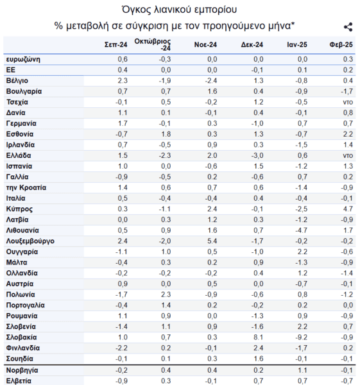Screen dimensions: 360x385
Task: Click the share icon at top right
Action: (x=348, y=27)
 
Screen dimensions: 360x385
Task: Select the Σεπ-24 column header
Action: (x=116, y=45)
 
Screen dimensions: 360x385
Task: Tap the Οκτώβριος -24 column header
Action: (x=153, y=44)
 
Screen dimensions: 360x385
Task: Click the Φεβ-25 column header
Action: (x=341, y=45)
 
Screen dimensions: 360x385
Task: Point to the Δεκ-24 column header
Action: (x=252, y=45)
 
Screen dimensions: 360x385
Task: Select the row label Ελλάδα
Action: (x=19, y=155)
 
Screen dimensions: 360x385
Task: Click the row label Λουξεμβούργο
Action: (x=30, y=241)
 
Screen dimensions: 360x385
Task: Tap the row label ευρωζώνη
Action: (x=23, y=60)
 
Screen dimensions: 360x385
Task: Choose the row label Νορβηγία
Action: (x=22, y=370)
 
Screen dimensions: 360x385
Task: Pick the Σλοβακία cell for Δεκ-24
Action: (x=258, y=338)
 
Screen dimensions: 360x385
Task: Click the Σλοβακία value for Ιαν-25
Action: (x=302, y=338)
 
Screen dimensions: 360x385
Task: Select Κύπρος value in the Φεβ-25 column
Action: (x=348, y=209)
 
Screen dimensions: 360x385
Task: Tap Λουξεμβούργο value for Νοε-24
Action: (x=212, y=241)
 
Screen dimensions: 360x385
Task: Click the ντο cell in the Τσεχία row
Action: (x=348, y=102)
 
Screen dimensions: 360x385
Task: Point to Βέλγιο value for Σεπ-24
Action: (x=123, y=81)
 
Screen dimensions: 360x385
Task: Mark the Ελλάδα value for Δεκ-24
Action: (x=257, y=155)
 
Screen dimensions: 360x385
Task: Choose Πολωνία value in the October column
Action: (x=166, y=295)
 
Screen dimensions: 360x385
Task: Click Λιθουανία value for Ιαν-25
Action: (x=302, y=230)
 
